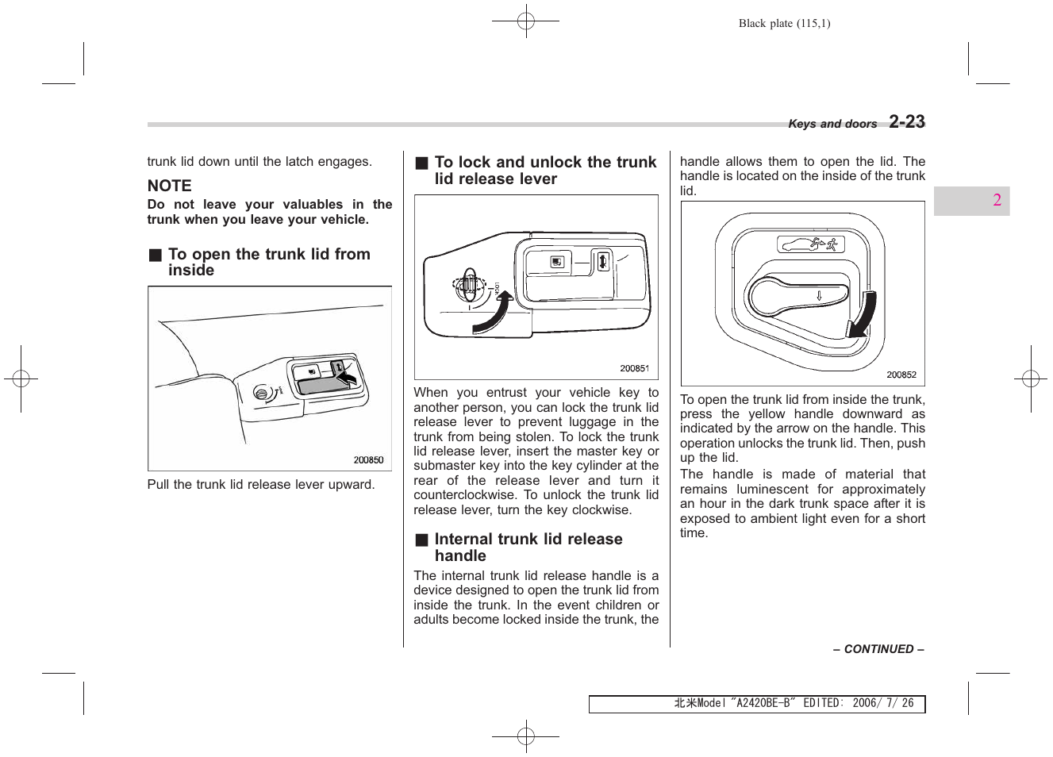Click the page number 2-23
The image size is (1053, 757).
tap(906, 121)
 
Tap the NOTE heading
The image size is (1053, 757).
tap(169, 186)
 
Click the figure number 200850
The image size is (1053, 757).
tap(368, 460)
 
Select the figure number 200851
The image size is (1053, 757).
tap(634, 368)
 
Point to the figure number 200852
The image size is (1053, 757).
tap(901, 375)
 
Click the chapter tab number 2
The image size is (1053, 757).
tap(997, 200)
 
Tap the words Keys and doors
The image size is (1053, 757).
tap(832, 124)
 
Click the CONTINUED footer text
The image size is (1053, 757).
tap(878, 649)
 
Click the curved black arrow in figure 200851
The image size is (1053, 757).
tap(492, 314)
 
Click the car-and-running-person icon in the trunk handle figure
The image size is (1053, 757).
tap(810, 244)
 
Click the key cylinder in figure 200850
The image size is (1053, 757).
tap(261, 393)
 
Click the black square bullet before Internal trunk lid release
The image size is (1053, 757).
tap(421, 540)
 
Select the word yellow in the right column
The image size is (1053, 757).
tap(767, 413)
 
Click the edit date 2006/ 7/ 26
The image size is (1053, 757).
tap(882, 703)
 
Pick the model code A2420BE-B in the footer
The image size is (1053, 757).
tap(763, 703)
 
